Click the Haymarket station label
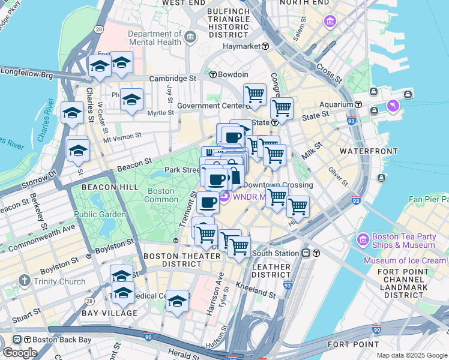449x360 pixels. point(245,46)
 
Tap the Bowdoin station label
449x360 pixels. point(234,74)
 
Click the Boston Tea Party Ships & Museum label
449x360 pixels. point(403,241)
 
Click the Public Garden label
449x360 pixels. point(100,214)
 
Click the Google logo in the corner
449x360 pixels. point(20,352)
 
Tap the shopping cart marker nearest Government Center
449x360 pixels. point(255,94)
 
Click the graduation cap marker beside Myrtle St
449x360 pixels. point(131,100)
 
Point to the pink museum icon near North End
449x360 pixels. point(330,23)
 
